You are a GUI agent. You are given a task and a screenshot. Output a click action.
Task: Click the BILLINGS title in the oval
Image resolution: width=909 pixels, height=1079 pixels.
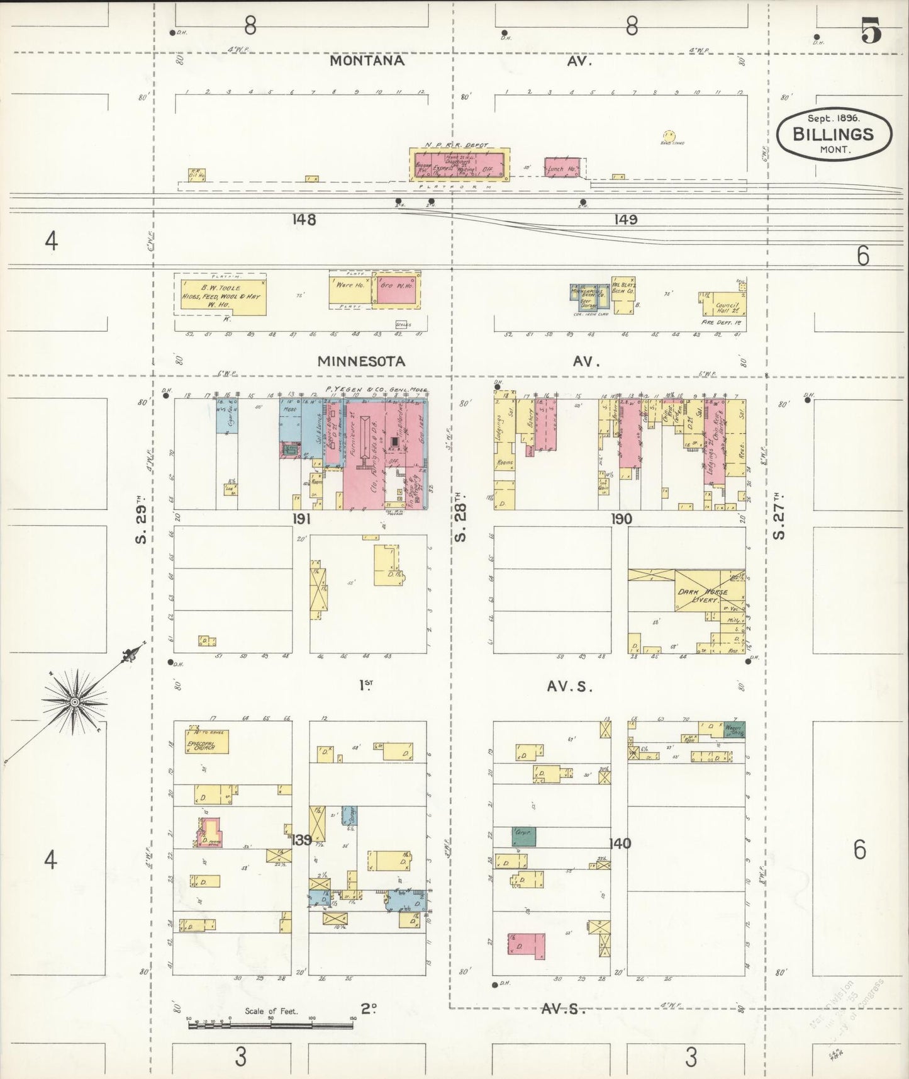tap(834, 133)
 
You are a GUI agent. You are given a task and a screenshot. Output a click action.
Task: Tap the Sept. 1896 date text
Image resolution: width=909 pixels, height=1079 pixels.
tap(834, 118)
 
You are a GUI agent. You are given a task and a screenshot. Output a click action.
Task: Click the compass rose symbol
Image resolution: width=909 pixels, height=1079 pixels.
tap(75, 701)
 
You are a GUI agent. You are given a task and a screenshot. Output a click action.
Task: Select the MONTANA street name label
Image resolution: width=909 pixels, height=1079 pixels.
tap(367, 60)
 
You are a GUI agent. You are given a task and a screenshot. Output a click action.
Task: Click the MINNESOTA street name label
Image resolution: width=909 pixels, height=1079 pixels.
tap(361, 361)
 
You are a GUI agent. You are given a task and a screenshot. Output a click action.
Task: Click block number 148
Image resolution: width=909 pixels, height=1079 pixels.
tap(304, 219)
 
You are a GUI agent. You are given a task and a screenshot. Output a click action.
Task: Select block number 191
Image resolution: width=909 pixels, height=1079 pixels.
tap(301, 519)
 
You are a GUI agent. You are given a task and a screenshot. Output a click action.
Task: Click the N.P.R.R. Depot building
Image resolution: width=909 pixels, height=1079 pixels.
tap(459, 162)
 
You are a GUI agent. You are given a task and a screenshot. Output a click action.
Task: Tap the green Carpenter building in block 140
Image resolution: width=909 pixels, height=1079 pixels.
tap(523, 836)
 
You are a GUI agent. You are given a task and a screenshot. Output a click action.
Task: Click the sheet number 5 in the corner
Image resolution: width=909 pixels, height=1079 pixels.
tap(871, 31)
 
